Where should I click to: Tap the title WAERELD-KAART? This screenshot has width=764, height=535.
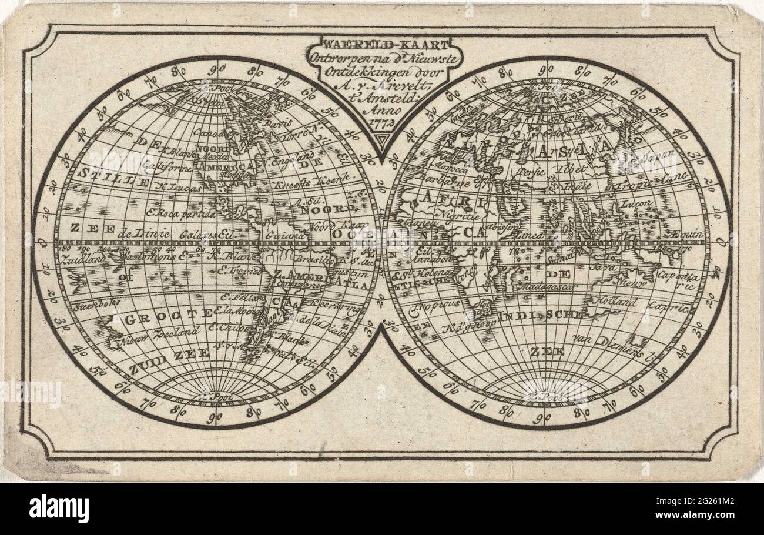(384, 45)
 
